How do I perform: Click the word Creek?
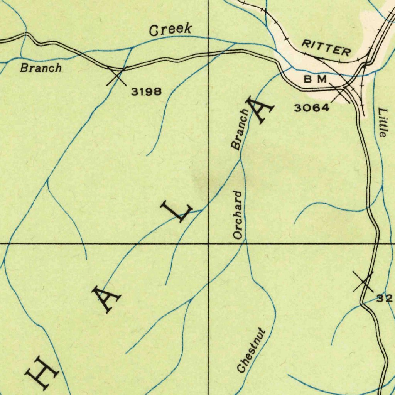pos(170,30)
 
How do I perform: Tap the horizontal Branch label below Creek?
pos(41,68)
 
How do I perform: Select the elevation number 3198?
pos(146,91)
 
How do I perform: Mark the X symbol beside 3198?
pos(116,75)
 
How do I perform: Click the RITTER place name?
pos(326,48)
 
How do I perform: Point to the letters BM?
pos(316,79)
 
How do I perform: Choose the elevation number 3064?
pos(312,108)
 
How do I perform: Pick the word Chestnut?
pos(252,350)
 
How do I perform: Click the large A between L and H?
pos(106,299)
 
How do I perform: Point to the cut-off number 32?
pos(385,298)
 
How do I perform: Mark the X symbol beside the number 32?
pos(363,282)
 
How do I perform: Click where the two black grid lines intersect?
pos(208,244)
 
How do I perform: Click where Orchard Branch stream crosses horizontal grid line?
pos(246,244)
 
